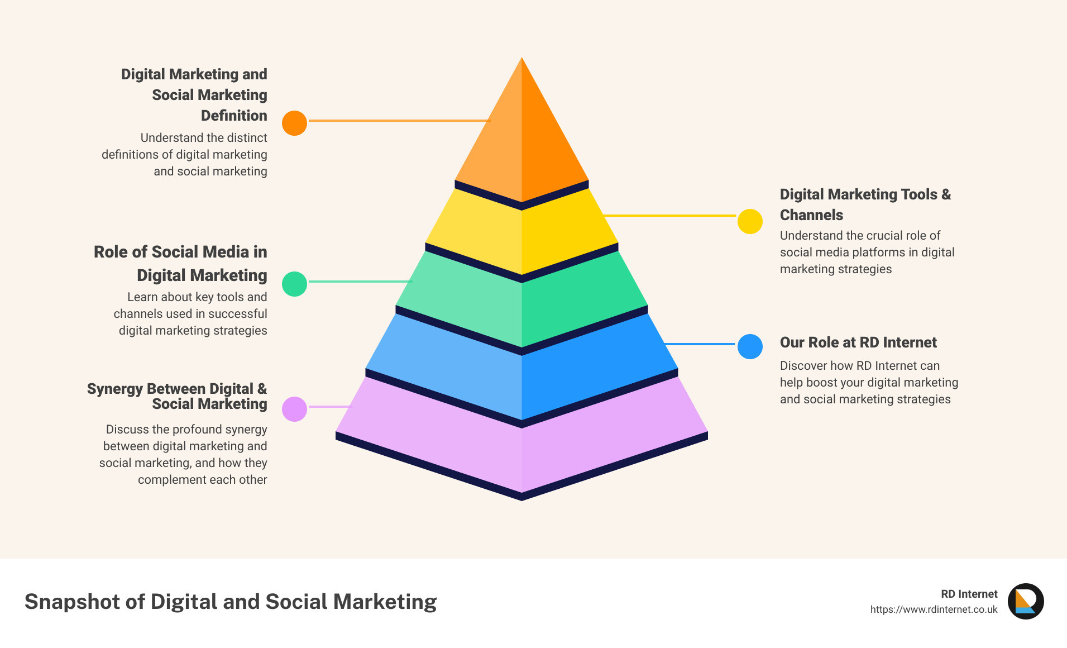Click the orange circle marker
[294, 123]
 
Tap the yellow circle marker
[750, 221]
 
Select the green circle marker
[294, 284]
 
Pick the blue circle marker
[750, 346]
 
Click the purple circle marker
[294, 409]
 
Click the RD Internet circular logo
[1026, 601]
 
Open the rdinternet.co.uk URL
[934, 609]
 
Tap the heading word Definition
[234, 116]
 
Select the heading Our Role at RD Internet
[858, 342]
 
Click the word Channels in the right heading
[811, 215]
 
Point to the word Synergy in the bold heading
[115, 389]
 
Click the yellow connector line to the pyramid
[670, 215]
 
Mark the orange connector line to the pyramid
[399, 120]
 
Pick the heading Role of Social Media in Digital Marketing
[180, 263]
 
